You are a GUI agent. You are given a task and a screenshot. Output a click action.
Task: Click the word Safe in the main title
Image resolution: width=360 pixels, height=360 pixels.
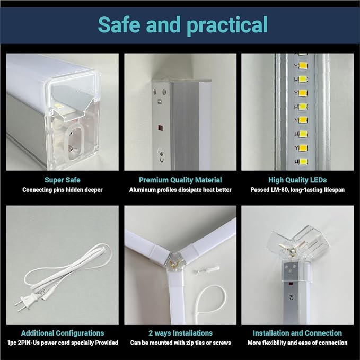coord(119,24)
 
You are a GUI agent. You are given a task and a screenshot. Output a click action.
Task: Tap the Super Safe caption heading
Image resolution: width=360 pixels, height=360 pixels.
coord(63,180)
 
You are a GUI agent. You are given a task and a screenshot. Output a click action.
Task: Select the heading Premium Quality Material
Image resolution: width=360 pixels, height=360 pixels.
coord(180,180)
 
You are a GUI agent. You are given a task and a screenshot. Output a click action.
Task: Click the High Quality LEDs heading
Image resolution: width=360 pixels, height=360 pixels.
coord(297,180)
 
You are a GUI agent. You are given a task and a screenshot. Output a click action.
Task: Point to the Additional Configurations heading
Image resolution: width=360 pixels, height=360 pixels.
coord(63,333)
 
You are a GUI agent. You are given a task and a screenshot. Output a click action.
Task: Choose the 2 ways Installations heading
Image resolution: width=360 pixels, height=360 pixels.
coord(180,333)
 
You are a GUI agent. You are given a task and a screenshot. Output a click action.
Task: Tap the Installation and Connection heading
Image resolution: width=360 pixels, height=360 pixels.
coord(297,333)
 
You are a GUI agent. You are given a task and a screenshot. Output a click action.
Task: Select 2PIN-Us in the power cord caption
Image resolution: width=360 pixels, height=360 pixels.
coord(28,343)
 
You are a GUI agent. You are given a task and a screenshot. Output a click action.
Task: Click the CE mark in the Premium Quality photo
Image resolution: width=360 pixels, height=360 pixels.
coord(161,156)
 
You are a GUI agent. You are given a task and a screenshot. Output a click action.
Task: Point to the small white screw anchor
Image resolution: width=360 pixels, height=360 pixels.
coord(206,270)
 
